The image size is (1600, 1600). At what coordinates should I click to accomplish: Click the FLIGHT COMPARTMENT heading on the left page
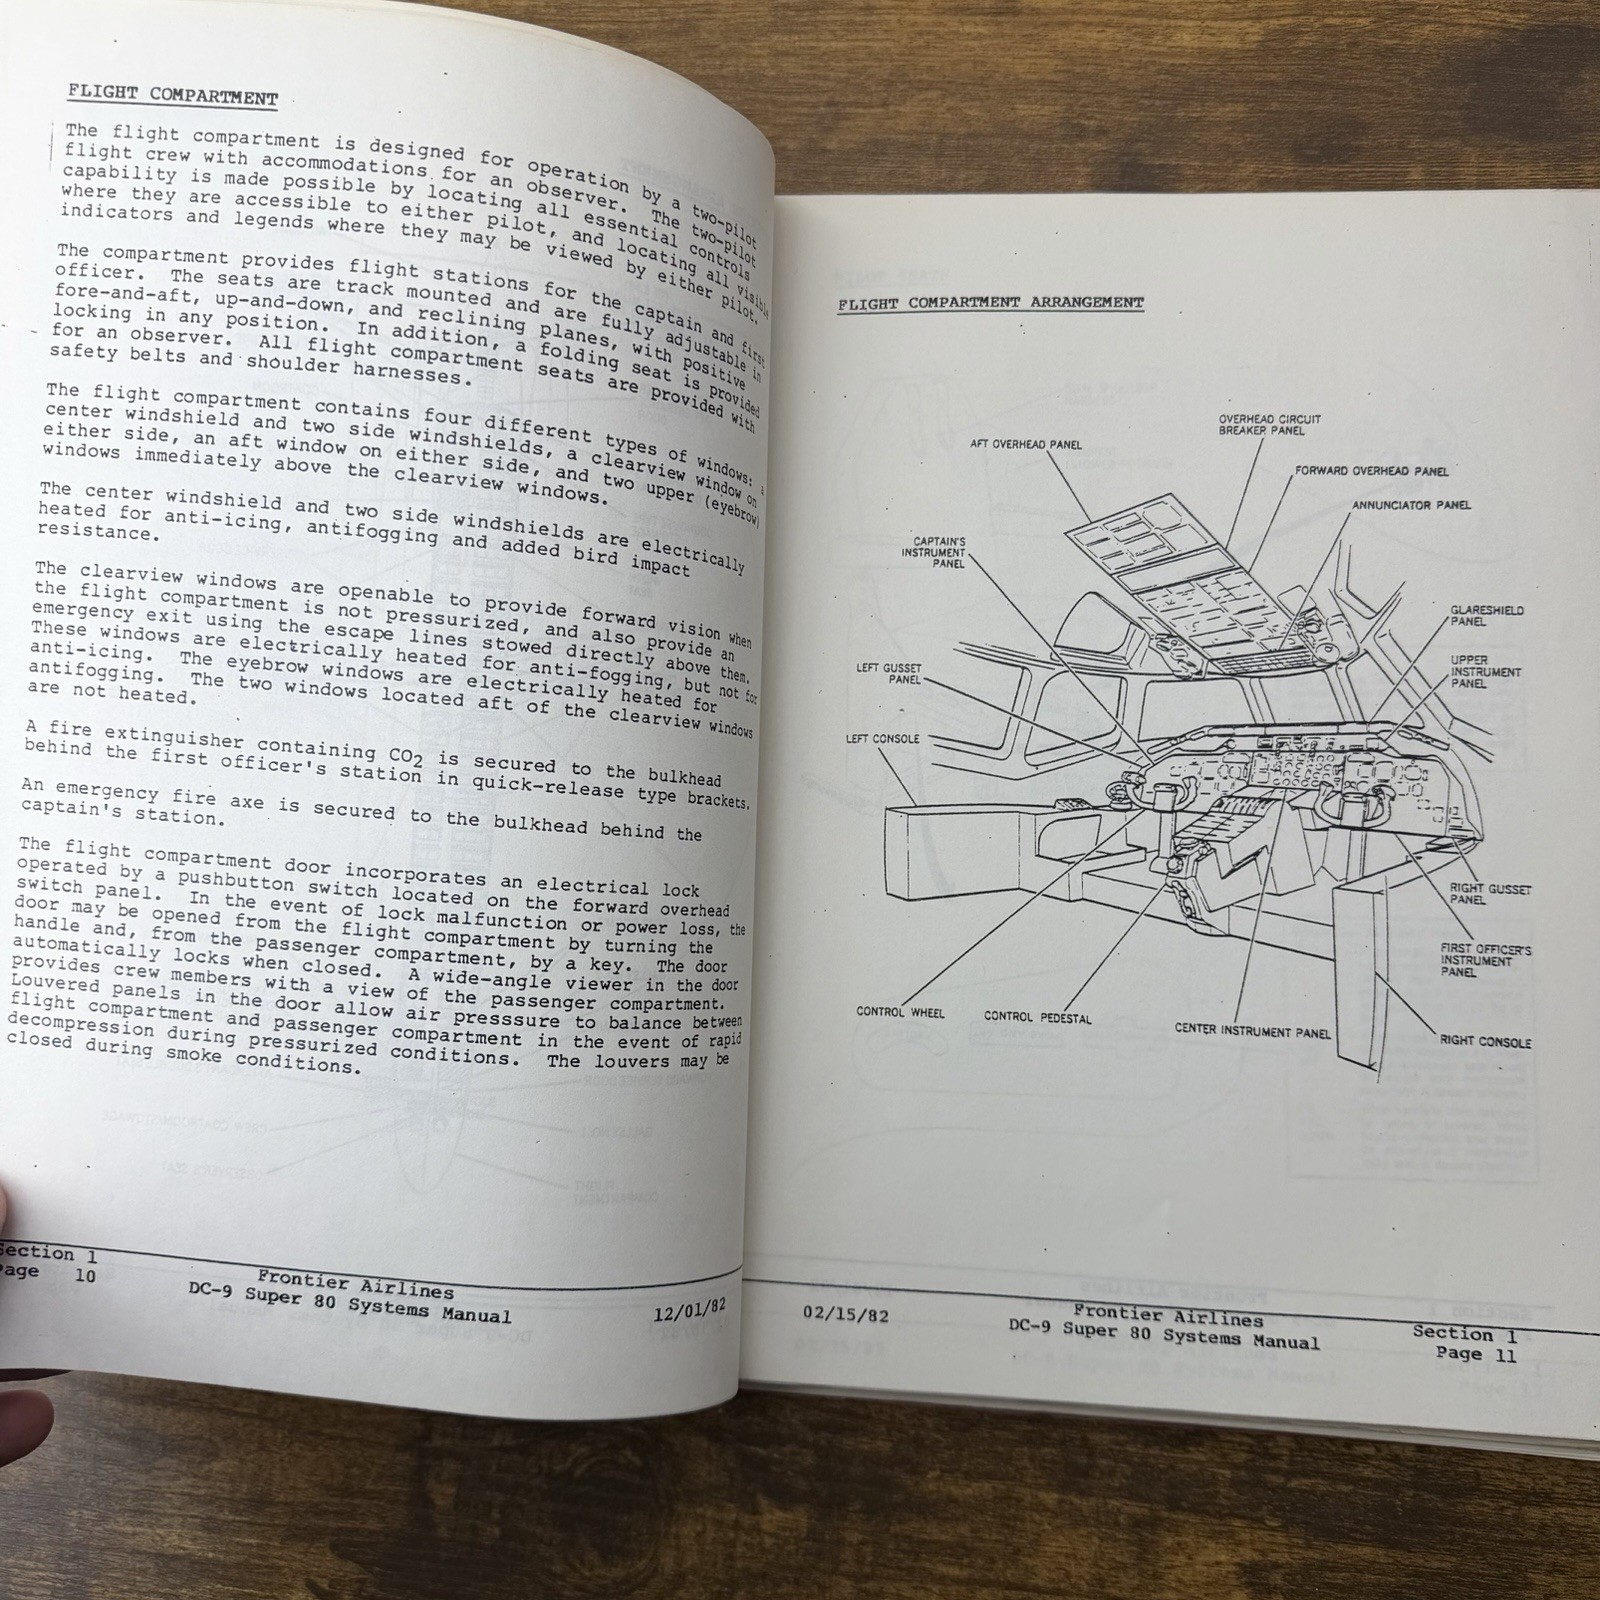172,96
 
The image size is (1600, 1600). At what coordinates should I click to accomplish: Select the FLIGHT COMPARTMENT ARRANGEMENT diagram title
990,302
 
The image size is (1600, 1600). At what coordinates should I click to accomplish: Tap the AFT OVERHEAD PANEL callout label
1025,445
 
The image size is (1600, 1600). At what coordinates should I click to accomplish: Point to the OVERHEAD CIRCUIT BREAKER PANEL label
1269,425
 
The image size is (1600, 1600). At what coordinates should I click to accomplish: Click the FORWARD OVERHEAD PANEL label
1371,471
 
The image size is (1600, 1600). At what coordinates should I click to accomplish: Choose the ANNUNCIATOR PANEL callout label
1411,506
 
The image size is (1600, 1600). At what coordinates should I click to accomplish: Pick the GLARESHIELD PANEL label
1487,616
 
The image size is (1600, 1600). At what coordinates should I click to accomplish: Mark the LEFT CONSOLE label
882,739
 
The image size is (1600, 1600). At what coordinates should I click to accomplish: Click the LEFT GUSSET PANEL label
888,674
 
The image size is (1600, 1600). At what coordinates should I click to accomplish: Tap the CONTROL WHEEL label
900,1012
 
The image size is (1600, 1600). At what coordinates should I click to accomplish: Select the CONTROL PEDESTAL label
1037,1017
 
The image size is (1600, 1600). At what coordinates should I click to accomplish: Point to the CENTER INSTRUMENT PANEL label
1252,1030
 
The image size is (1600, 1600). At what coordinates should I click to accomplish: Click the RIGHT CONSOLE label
1485,1041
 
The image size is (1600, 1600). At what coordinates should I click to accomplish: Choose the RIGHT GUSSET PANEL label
1490,894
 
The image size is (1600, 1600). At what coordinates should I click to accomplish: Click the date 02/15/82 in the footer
845,1316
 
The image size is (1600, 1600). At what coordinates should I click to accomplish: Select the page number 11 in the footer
1505,1356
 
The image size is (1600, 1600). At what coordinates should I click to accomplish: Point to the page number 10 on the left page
85,1276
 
